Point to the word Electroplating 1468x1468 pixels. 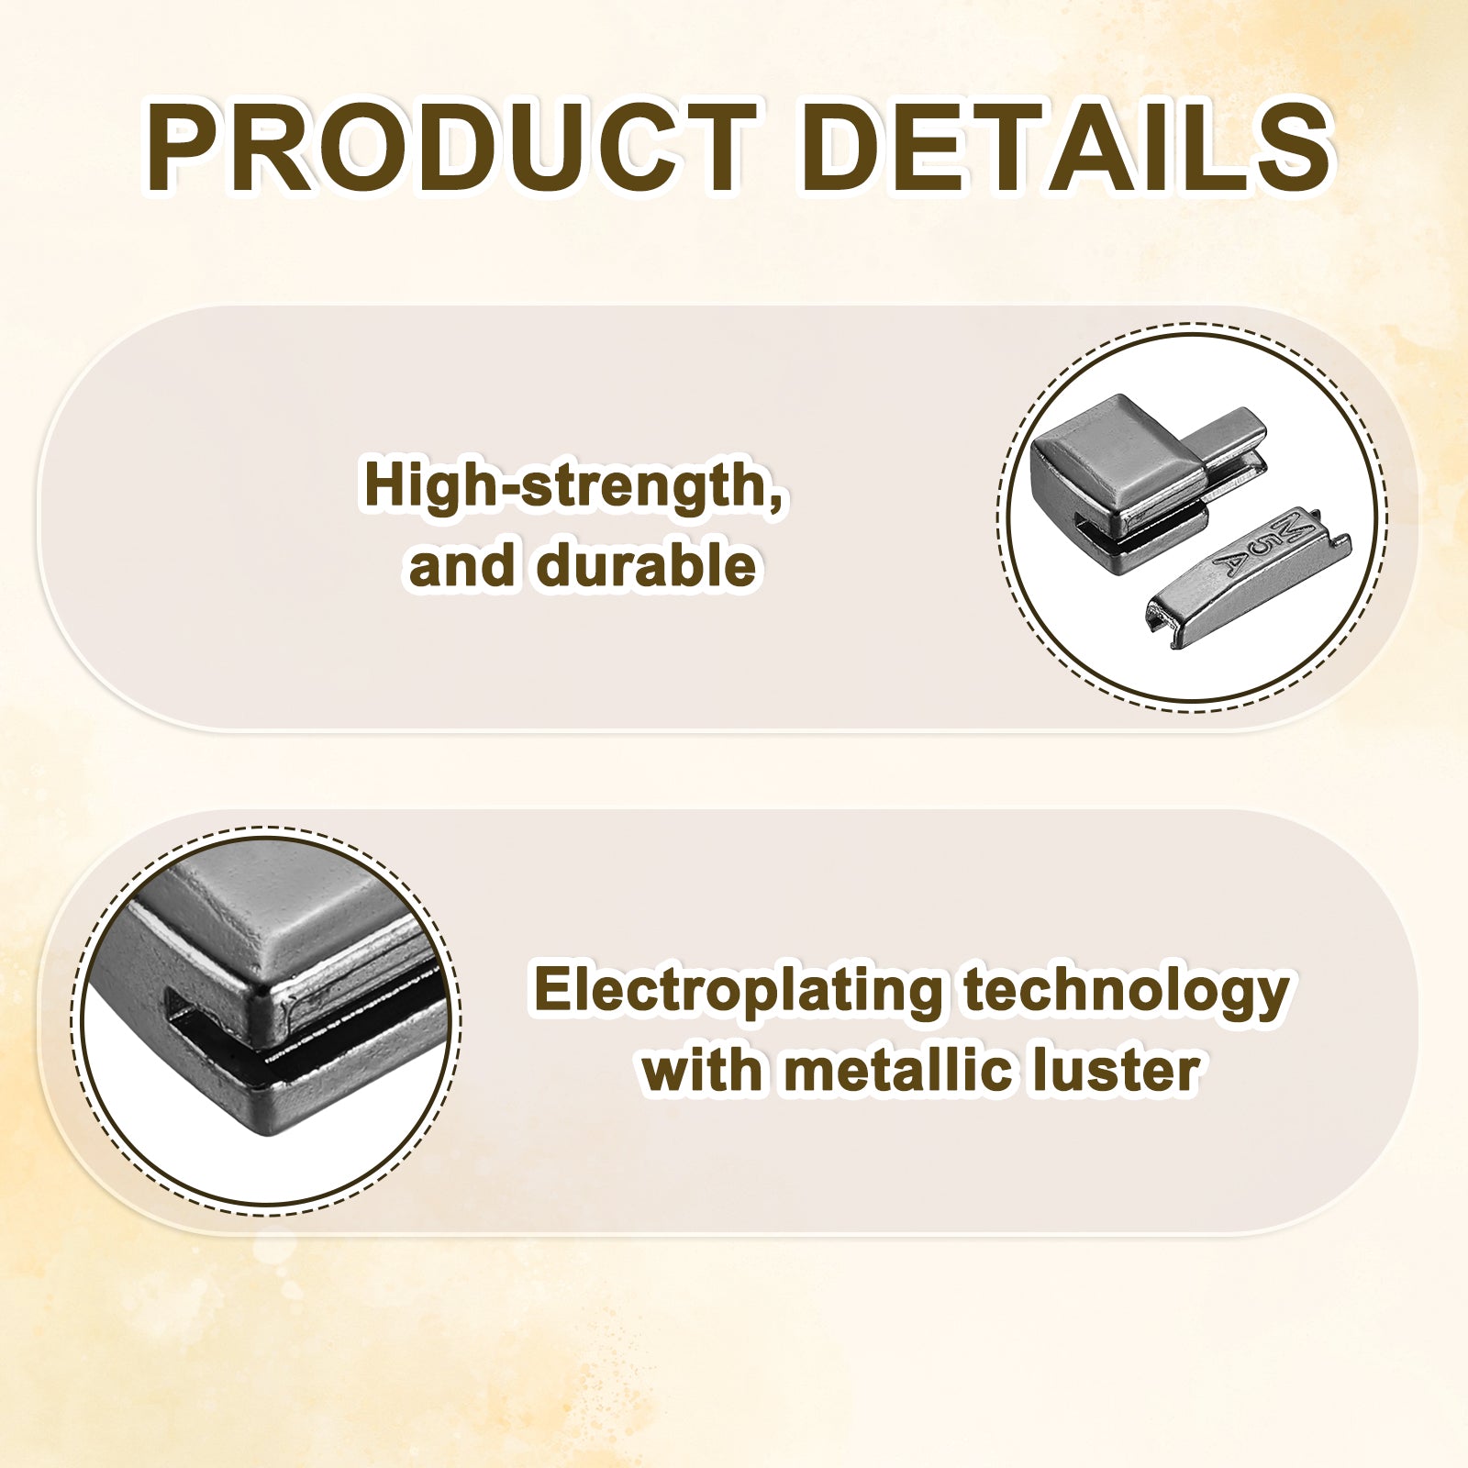738,993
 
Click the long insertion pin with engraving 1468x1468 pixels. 1249,578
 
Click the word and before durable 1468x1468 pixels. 462,565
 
